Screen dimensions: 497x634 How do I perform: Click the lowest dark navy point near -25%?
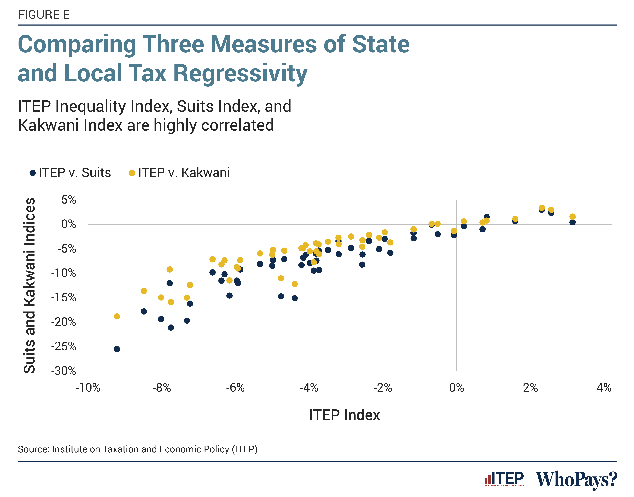(117, 349)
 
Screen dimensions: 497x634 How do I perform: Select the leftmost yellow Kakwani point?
(117, 316)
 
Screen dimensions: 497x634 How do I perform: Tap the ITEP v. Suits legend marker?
(33, 173)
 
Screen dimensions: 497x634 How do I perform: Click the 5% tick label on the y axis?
(69, 200)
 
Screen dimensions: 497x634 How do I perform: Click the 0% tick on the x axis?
(456, 388)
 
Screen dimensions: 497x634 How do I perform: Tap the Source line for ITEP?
(137, 449)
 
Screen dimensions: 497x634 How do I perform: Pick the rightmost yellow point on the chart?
(572, 216)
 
